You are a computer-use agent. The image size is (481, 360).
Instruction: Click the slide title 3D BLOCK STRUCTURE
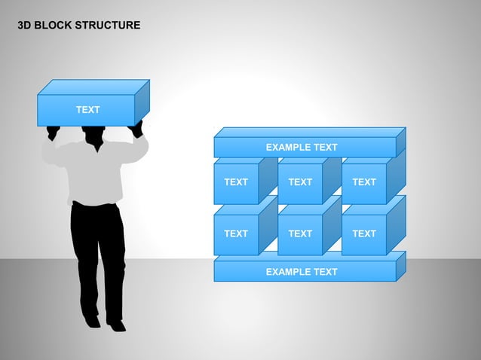(x=78, y=26)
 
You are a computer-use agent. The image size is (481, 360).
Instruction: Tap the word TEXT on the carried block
(x=87, y=110)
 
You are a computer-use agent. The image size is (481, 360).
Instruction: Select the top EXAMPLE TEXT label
(x=302, y=148)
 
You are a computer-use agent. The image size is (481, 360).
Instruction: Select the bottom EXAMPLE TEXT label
(x=302, y=271)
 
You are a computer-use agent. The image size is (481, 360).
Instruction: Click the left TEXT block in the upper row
(x=236, y=182)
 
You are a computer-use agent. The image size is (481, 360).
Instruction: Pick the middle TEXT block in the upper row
(x=300, y=182)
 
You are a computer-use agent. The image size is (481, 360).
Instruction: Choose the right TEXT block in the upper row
(x=364, y=182)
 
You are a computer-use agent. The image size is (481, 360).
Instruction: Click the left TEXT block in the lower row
(x=236, y=234)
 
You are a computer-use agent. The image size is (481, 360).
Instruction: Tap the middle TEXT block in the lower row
(x=300, y=234)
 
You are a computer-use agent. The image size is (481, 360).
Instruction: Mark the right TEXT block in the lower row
(x=364, y=234)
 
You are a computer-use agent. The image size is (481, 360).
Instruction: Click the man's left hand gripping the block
(x=53, y=133)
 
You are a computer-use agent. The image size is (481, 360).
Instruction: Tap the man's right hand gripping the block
(x=136, y=130)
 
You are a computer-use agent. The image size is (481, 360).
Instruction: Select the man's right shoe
(x=116, y=325)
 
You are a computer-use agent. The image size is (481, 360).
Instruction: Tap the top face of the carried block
(x=93, y=87)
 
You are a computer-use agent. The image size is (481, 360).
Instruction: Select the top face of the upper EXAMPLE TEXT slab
(x=309, y=132)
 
